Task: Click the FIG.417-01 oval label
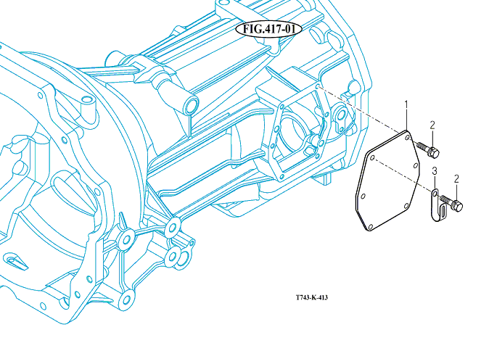pos(268,29)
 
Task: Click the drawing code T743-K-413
pos(312,297)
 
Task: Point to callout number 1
pos(406,109)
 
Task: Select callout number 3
pos(435,171)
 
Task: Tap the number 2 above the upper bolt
pos(432,125)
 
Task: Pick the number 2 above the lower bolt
pos(456,179)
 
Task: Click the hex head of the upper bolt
pos(434,153)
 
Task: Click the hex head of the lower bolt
pos(457,206)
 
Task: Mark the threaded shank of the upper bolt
pos(422,147)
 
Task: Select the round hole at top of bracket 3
pos(435,193)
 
